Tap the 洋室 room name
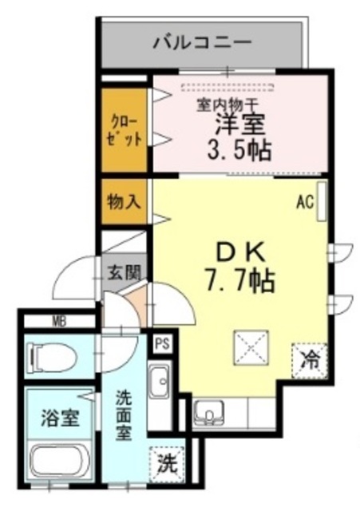click(239, 124)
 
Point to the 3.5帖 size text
click(237, 149)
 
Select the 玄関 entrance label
click(123, 272)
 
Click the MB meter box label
click(59, 322)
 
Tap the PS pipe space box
click(162, 344)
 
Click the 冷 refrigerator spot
click(309, 358)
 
